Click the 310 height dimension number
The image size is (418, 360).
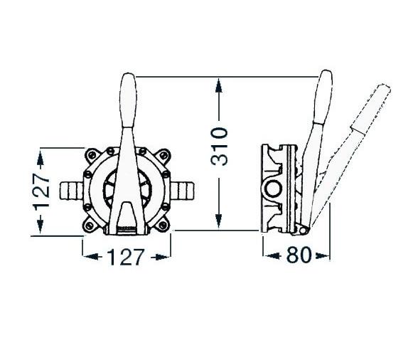coord(219,146)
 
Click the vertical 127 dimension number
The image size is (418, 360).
coord(41,190)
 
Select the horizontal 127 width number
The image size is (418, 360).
coord(126,257)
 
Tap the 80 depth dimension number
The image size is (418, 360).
coord(299,255)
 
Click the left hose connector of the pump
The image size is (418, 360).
coord(71,190)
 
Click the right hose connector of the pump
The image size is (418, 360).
coord(182,190)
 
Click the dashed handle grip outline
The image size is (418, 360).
coord(371,109)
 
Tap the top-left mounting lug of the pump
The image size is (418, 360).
coord(92,156)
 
